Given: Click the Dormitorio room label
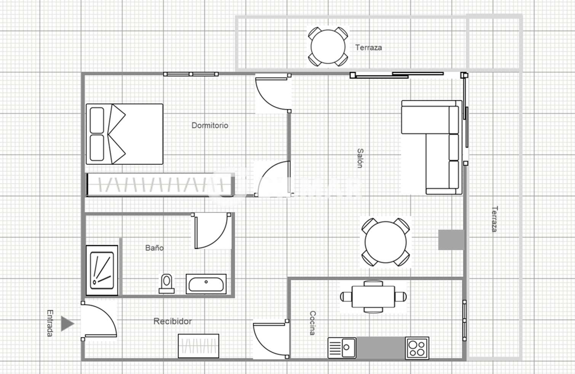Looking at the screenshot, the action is coord(210,126).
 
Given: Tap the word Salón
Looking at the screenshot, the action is coord(360,158).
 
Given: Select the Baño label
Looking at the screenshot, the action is coord(154,248).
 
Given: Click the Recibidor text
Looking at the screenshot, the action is coord(173,321).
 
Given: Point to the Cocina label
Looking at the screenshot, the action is coord(312,323).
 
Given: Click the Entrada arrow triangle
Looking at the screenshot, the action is coord(67,324).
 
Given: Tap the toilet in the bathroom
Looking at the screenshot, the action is coord(167,284).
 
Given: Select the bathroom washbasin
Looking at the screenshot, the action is coord(206,284).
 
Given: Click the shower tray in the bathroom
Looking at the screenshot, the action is coord(102,270).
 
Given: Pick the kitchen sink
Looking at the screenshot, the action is coord(342,348).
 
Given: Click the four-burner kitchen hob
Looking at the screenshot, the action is coord(417,348).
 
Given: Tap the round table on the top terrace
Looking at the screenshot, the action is coord(328,47).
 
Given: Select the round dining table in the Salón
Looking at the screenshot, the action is coord(386,242).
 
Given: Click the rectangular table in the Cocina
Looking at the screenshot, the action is coord(373,297).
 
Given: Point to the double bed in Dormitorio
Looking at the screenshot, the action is coord(125,134).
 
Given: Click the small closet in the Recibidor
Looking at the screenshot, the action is coord(199,346).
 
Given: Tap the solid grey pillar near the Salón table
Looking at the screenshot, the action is coord(451,240).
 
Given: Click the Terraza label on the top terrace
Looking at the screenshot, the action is coord(368,48).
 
